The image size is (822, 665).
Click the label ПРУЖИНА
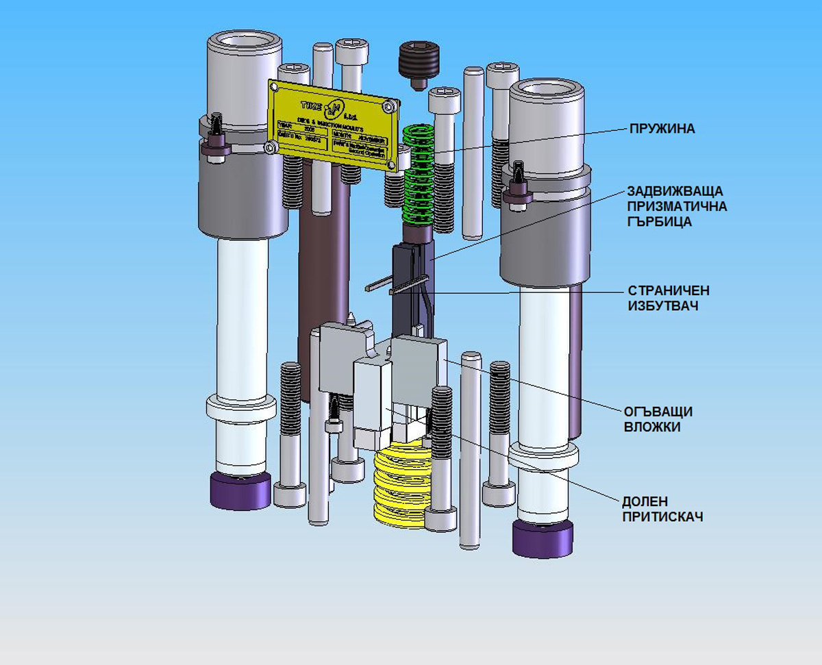click(x=662, y=128)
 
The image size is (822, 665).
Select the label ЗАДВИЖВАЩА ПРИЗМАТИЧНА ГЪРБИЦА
click(x=676, y=205)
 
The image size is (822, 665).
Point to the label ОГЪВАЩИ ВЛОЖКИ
click(x=657, y=418)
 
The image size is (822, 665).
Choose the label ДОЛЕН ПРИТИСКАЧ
click(x=662, y=509)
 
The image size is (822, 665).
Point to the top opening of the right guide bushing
click(x=547, y=88)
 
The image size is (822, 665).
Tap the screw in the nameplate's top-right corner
click(x=389, y=105)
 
